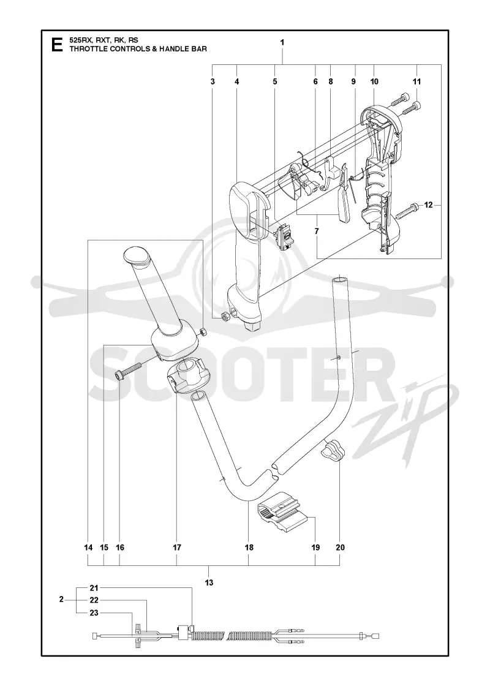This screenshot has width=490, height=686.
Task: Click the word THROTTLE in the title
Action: pos(88,49)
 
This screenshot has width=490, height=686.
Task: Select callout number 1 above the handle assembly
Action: pos(282,42)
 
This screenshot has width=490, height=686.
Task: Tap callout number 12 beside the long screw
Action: pos(428,205)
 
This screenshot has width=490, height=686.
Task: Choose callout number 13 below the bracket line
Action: pos(209,582)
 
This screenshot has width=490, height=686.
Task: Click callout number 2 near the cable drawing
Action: pos(61,600)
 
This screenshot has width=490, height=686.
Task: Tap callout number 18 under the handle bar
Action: pos(249,548)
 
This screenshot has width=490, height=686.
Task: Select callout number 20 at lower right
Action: pos(341,548)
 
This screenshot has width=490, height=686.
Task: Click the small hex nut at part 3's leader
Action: pos(225,316)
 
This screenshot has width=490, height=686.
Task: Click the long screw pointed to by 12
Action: pos(408,210)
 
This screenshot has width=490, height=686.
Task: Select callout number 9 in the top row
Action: pos(353,81)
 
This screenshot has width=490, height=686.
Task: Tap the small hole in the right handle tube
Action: pos(339,357)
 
